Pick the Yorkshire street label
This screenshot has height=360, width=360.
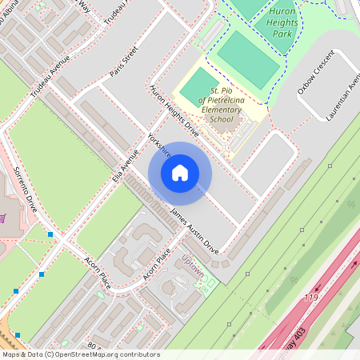(x=160, y=145)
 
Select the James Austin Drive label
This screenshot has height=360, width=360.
(x=194, y=226)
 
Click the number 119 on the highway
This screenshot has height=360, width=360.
(x=311, y=298)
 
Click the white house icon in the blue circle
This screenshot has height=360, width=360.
(x=180, y=173)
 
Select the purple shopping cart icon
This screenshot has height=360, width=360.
(x=4, y=218)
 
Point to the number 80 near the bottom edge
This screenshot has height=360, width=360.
(x=91, y=346)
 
